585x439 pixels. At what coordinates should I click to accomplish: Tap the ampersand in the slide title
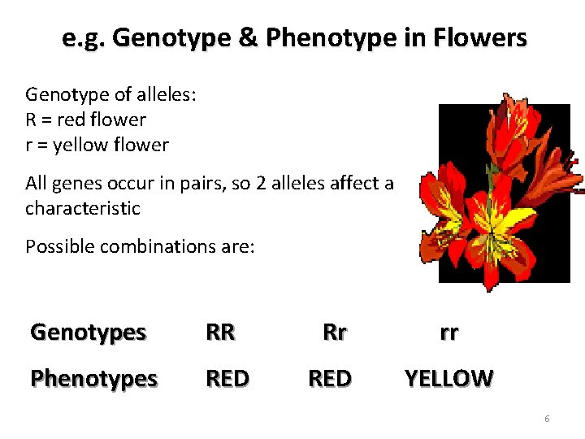[x=250, y=37]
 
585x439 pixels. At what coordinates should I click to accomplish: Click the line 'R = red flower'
[x=85, y=120]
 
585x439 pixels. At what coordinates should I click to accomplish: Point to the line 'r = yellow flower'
[x=97, y=146]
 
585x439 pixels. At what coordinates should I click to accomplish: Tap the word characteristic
[x=82, y=208]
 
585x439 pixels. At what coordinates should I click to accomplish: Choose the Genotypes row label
[x=88, y=332]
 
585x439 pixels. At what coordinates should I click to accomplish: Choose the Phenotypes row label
[x=93, y=378]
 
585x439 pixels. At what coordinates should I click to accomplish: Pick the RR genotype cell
[x=220, y=332]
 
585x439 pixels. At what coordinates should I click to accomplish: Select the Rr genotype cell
[x=334, y=332]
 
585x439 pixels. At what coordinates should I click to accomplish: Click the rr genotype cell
[x=448, y=332]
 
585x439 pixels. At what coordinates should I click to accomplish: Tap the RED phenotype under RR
[x=227, y=378]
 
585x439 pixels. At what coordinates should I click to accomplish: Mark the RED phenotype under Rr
[x=329, y=378]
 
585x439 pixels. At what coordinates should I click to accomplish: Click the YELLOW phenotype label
[x=448, y=378]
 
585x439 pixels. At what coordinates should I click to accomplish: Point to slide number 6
[x=547, y=419]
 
